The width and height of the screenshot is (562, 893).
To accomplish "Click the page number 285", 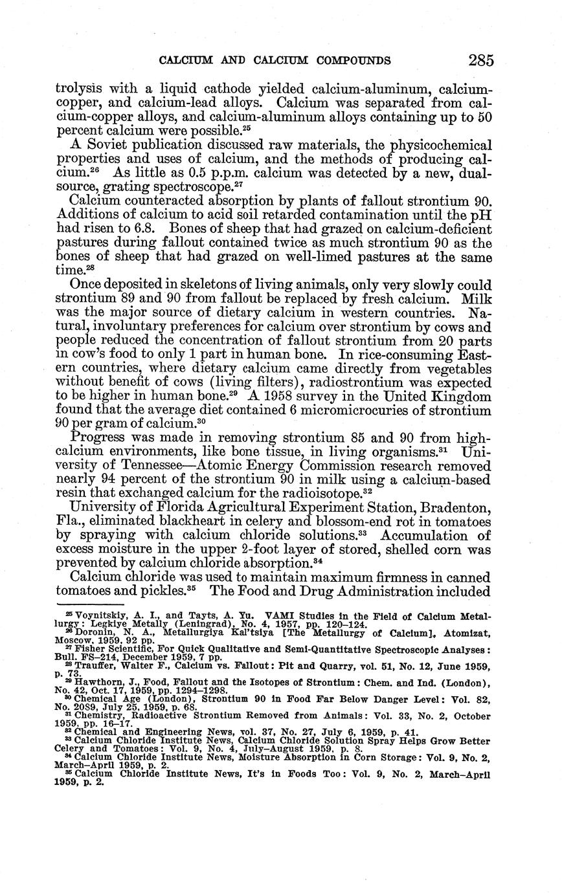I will (x=481, y=60).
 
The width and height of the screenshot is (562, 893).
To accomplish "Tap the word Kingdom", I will (x=455, y=397).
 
